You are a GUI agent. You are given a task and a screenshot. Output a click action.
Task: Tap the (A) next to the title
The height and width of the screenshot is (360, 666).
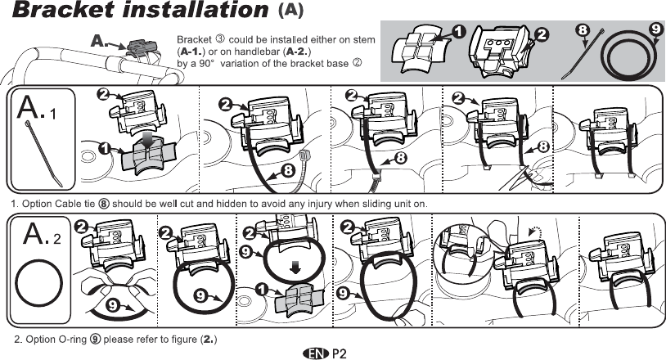coord(292,11)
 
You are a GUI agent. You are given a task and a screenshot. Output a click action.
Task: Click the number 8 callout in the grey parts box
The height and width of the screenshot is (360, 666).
coord(583,30)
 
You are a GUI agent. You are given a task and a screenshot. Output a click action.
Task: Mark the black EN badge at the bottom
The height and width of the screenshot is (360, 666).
coord(314,353)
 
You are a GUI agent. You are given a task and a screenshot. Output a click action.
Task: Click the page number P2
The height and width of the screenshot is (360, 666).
coord(340,353)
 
